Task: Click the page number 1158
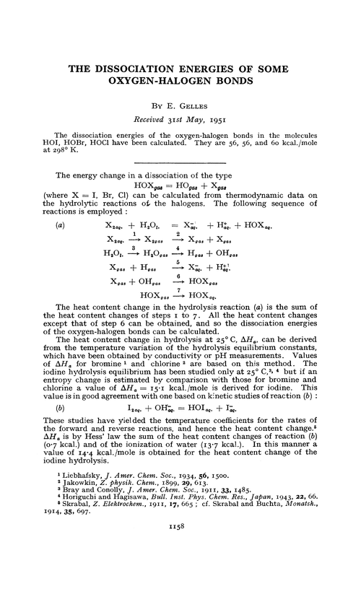point(181,569)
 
